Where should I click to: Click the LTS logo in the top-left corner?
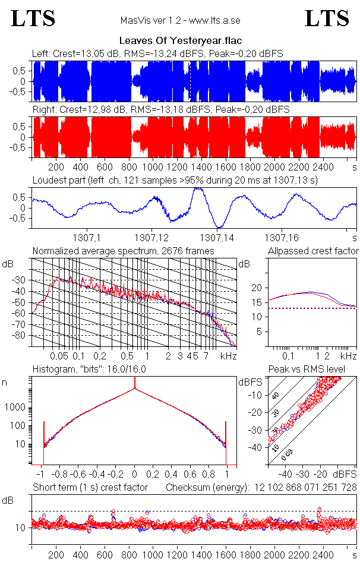click(x=33, y=18)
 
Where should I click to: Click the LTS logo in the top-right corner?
click(x=327, y=18)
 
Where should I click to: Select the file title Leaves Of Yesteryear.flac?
click(x=179, y=41)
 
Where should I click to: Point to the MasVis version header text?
click(x=180, y=21)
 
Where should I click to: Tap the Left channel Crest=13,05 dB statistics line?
click(x=157, y=53)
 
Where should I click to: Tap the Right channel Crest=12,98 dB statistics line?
click(x=161, y=110)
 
